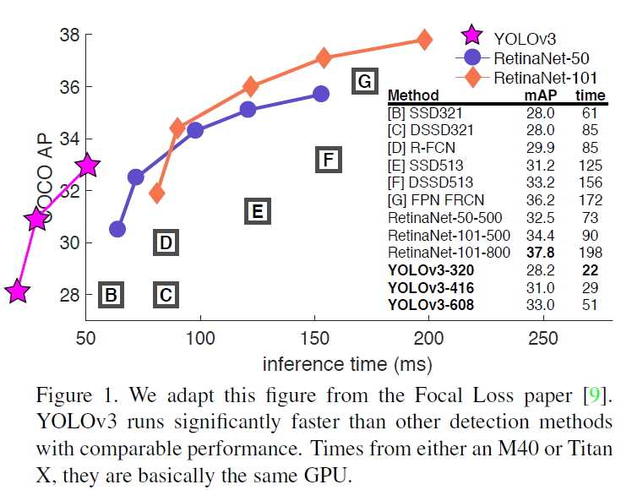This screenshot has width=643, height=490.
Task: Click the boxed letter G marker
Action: [364, 81]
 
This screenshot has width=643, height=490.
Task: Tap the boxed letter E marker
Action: [258, 210]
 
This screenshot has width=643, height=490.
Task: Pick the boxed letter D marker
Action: [166, 243]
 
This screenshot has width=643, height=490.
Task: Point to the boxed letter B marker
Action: [111, 295]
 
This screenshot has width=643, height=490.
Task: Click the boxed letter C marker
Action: [166, 295]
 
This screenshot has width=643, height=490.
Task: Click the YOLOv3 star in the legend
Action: [472, 36]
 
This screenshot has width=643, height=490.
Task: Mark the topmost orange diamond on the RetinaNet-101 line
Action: [424, 40]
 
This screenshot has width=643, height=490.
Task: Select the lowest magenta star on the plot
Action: [18, 292]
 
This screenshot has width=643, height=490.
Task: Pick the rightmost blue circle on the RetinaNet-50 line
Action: [320, 94]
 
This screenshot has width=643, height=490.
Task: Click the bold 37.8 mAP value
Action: [540, 252]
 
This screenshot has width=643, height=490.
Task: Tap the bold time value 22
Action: [591, 269]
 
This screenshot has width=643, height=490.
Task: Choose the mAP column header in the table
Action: [538, 95]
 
